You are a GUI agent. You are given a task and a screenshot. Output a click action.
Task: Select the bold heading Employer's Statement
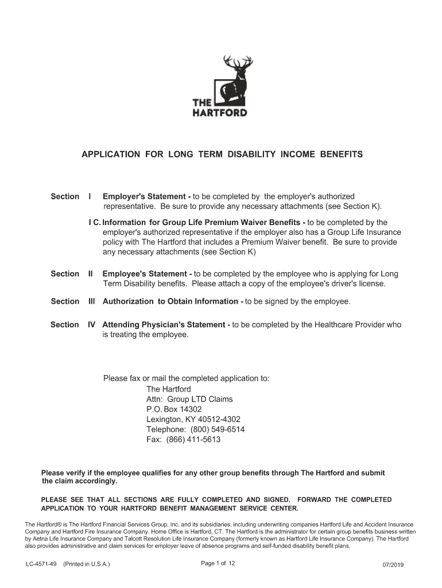coord(146,196)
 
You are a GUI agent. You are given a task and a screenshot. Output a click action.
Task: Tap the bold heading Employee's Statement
coord(147,274)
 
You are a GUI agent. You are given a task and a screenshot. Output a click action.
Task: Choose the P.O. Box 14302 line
coord(174,409)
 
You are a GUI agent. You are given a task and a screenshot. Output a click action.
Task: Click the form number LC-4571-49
coord(41,564)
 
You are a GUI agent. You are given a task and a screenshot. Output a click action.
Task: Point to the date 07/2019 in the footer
coord(393,565)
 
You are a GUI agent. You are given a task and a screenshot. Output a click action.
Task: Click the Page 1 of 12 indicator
coord(218,563)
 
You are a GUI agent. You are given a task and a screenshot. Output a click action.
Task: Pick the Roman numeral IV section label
coord(91,324)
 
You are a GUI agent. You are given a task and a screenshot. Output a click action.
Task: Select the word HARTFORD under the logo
coord(219,113)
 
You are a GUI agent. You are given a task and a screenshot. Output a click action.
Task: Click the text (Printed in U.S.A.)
coord(87,564)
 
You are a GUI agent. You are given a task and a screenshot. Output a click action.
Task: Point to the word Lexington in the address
coord(164,419)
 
